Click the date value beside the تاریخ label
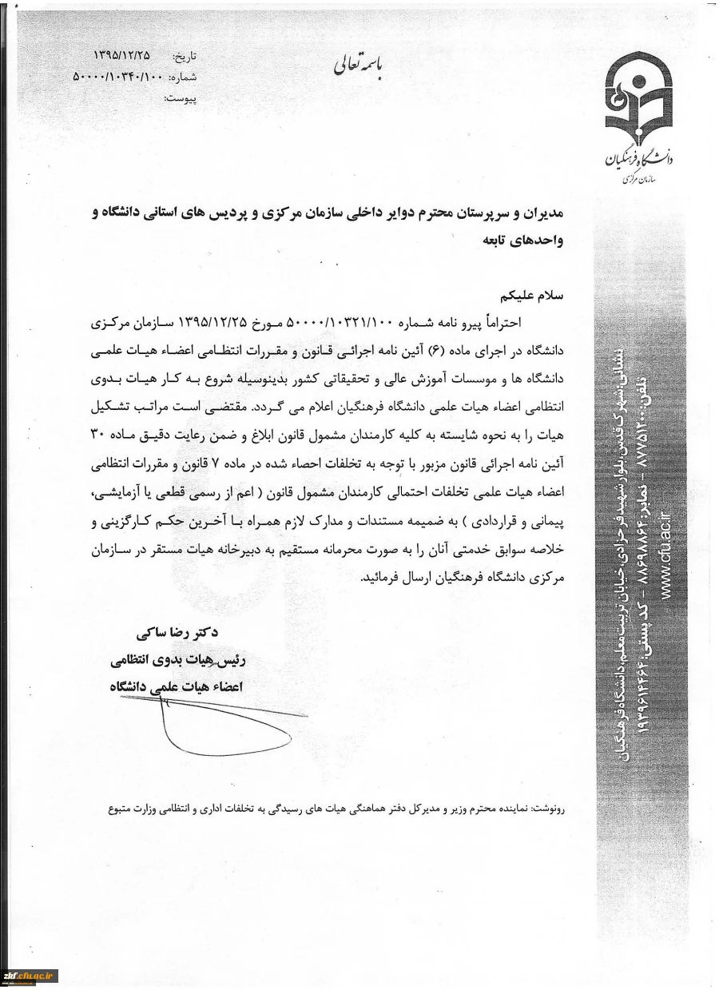(121, 56)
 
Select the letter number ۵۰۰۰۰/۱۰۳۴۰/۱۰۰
(117, 77)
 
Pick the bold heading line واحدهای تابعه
(527, 239)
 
